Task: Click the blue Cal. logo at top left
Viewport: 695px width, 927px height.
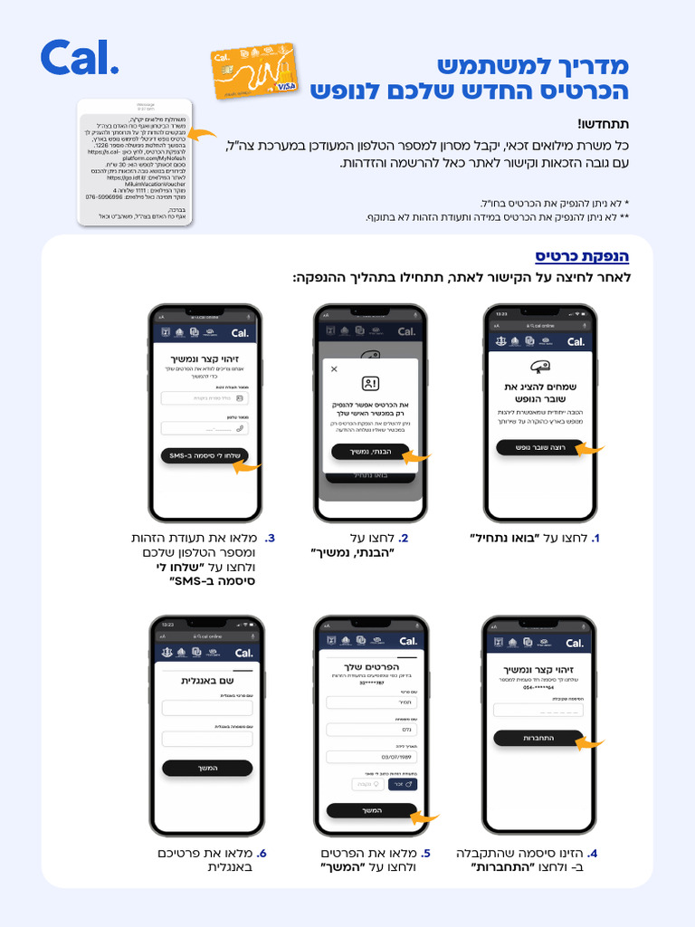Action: click(x=79, y=58)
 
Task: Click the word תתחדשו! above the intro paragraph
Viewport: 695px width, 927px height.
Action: click(x=604, y=124)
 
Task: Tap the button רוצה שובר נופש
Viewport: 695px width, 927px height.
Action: click(x=540, y=447)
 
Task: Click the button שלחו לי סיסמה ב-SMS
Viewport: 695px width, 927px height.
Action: click(x=204, y=455)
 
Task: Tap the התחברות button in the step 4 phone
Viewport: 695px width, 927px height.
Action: click(x=538, y=738)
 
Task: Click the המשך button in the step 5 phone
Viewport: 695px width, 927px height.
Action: click(x=372, y=810)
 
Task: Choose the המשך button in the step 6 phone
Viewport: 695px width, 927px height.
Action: click(x=207, y=768)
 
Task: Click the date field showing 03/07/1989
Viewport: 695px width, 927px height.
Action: click(x=371, y=757)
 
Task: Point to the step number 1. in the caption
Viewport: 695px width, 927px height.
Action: click(x=595, y=539)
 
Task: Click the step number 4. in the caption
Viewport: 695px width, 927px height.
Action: click(x=593, y=853)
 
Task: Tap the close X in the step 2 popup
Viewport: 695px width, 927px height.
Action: click(x=334, y=369)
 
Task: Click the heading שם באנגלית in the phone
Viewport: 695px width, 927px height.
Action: click(x=207, y=681)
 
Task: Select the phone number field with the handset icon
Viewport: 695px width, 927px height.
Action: click(x=205, y=428)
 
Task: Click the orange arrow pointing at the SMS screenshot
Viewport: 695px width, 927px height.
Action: click(x=205, y=135)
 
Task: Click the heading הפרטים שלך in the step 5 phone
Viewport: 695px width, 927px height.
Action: click(x=372, y=668)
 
